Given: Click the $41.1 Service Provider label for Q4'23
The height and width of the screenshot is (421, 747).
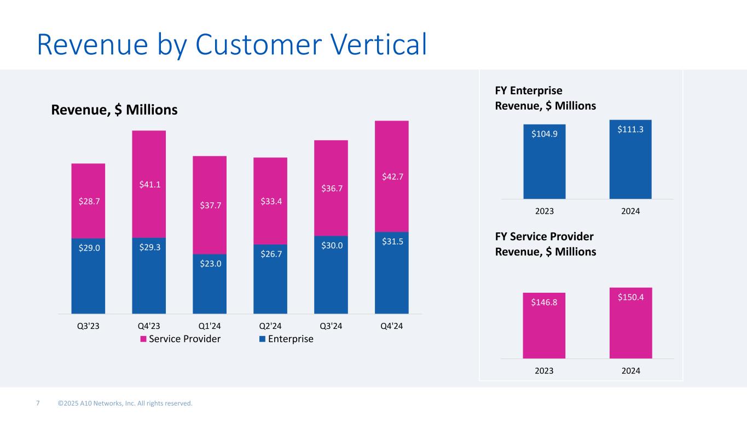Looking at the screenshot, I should [149, 185].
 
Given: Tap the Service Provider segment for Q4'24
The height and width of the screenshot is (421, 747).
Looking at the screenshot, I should [391, 175].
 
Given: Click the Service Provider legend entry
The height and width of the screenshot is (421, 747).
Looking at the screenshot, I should [181, 339].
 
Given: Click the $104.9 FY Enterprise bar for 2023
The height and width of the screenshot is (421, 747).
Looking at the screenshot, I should [544, 162].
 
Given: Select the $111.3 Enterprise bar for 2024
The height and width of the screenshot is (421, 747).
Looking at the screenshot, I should [630, 159].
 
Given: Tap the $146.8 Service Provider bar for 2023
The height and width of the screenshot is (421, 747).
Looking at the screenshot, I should [544, 326].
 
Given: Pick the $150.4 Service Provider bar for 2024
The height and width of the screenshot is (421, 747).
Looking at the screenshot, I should [630, 323].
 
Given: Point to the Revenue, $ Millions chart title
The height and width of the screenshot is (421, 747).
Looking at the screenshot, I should [114, 110].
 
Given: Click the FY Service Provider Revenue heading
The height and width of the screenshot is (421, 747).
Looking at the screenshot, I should [545, 244].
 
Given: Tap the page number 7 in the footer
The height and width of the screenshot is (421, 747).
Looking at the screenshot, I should [38, 403].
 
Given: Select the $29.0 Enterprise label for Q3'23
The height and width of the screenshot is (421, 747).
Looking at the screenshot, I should [88, 248].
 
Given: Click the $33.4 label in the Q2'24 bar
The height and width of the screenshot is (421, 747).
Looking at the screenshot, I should [270, 201].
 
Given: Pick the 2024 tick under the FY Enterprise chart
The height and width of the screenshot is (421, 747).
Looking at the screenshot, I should [630, 211].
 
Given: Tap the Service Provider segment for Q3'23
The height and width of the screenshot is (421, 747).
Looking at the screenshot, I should [88, 201].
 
